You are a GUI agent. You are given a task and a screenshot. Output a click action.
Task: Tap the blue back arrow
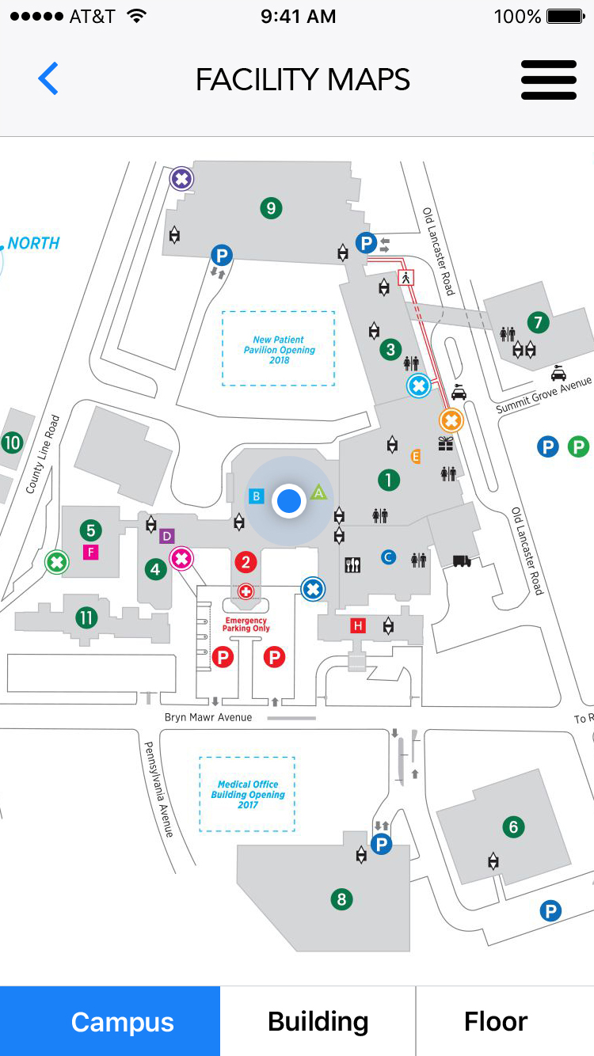(48, 79)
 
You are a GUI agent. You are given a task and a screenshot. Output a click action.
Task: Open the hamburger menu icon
(548, 79)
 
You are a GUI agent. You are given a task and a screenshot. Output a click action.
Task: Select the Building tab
(318, 1021)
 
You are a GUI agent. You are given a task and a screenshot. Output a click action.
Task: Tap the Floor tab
(496, 1021)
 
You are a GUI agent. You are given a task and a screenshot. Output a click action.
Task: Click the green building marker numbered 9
(272, 208)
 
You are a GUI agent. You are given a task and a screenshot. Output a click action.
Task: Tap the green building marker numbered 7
(539, 322)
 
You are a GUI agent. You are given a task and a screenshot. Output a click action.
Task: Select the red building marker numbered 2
(246, 563)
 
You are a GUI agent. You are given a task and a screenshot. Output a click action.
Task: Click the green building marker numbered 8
(341, 899)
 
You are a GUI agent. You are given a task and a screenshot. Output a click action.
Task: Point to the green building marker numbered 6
(513, 827)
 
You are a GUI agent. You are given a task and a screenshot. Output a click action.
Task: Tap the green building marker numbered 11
(86, 617)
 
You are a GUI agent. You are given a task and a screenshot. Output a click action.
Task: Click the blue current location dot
(289, 500)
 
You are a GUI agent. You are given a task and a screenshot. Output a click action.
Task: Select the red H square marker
(359, 626)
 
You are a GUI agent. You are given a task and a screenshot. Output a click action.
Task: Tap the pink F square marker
(91, 552)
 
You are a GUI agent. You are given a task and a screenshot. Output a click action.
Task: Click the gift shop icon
(447, 444)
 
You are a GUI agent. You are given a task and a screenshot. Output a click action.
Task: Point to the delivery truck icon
(462, 561)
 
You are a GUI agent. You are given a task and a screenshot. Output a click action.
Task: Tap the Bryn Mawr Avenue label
(208, 717)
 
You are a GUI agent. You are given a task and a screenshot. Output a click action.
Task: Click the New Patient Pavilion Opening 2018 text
(279, 350)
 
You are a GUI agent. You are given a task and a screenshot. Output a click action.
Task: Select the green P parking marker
(579, 446)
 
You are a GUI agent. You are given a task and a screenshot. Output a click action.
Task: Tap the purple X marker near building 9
(182, 179)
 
